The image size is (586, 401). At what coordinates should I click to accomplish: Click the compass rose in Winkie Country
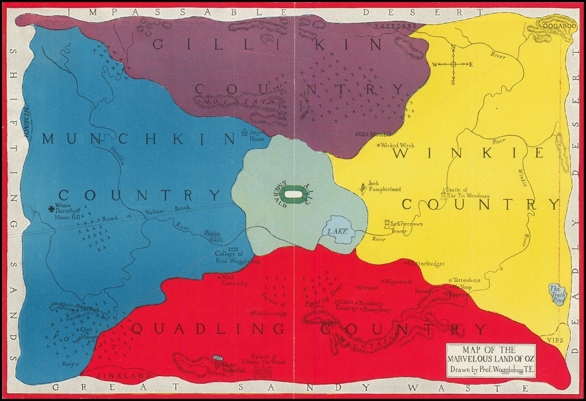[x=453, y=64]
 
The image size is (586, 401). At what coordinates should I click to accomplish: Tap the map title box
[x=490, y=361]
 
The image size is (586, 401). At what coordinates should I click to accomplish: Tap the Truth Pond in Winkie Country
[x=557, y=294]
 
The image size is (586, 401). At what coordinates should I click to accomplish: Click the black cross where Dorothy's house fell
[x=51, y=209]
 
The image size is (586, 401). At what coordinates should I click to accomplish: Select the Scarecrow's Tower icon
[x=388, y=224]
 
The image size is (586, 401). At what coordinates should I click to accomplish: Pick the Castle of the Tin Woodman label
[x=467, y=193]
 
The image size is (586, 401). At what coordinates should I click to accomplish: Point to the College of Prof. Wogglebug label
[x=234, y=258]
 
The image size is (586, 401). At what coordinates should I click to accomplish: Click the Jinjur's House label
[x=256, y=136]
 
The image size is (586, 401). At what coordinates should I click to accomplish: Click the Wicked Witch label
[x=396, y=145]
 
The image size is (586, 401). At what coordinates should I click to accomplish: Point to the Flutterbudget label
[x=425, y=263]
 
